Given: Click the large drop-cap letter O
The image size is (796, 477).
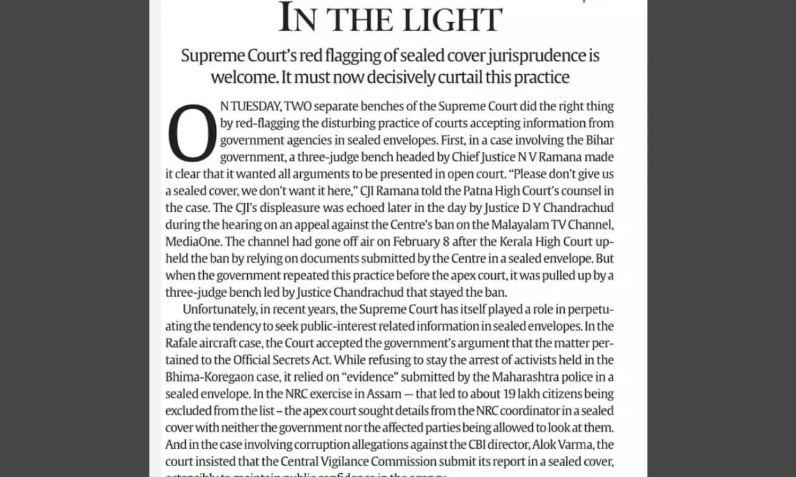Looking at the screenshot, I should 192,133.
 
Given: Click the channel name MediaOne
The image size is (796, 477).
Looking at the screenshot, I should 193,242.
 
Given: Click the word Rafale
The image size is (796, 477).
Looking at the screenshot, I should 182,343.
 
